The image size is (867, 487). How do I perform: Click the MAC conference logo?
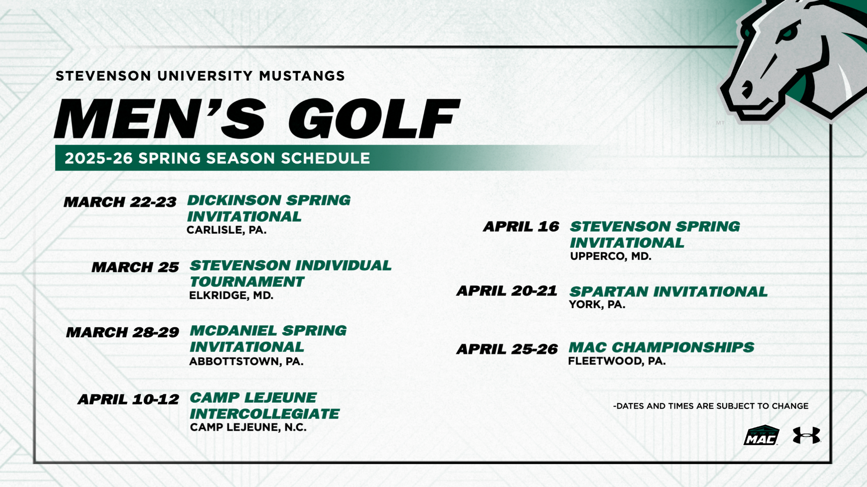pyautogui.click(x=761, y=435)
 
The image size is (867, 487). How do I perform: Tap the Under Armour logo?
pyautogui.click(x=806, y=435)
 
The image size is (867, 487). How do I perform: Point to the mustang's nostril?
pyautogui.click(x=747, y=90)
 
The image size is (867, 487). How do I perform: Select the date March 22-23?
pyautogui.click(x=120, y=202)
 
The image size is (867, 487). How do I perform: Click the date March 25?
pyautogui.click(x=135, y=267)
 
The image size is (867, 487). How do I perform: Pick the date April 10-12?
pyautogui.click(x=128, y=399)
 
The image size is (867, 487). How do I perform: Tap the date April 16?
pyautogui.click(x=521, y=226)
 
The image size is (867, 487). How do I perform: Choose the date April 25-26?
pyautogui.click(x=507, y=349)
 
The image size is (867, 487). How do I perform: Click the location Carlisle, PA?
pyautogui.click(x=226, y=230)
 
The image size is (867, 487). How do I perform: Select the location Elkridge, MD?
pyautogui.click(x=231, y=296)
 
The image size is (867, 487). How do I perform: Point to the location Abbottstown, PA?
pyautogui.click(x=246, y=361)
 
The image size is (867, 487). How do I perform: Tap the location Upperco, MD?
pyautogui.click(x=610, y=256)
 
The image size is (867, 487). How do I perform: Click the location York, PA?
pyautogui.click(x=596, y=305)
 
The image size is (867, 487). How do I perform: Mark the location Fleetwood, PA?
pyautogui.click(x=616, y=361)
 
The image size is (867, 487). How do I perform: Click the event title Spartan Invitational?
pyautogui.click(x=668, y=292)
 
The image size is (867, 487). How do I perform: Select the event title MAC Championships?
pyautogui.click(x=661, y=347)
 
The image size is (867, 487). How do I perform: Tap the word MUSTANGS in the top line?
pyautogui.click(x=302, y=76)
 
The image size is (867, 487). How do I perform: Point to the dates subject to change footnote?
pyautogui.click(x=711, y=406)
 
